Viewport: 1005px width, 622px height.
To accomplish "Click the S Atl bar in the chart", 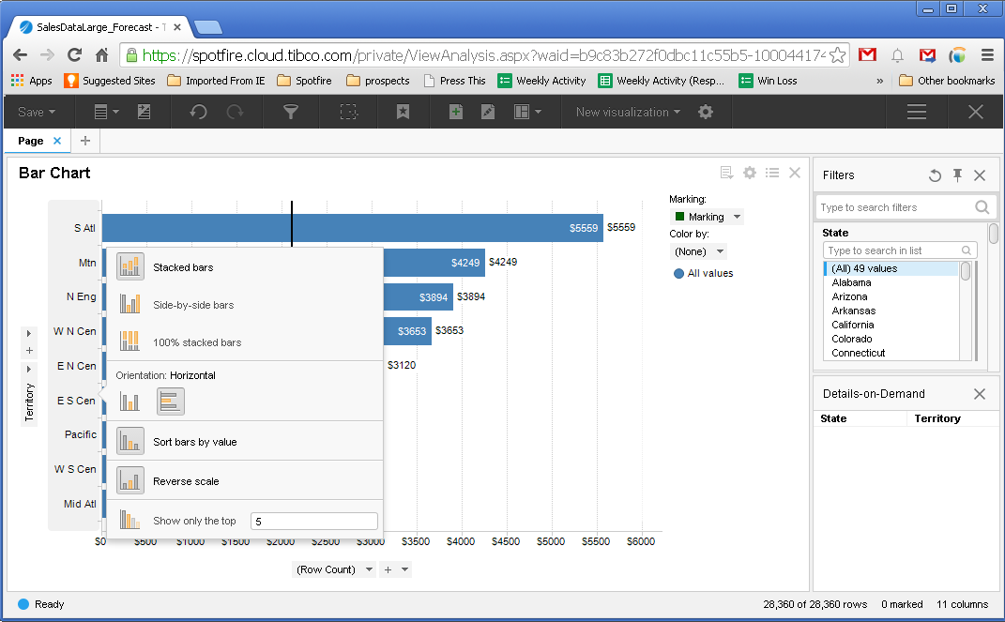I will click(x=352, y=228).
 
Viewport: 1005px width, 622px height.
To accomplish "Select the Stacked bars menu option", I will click(x=183, y=267).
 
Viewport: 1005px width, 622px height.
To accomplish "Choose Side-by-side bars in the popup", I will click(x=193, y=305).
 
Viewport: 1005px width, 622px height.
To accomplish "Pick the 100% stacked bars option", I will click(x=197, y=342).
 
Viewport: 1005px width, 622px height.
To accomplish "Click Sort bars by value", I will click(x=194, y=442).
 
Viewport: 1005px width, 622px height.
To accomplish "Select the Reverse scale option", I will click(x=186, y=481).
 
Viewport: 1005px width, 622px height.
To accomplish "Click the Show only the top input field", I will click(x=313, y=522).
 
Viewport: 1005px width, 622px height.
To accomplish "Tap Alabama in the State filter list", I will click(x=851, y=282).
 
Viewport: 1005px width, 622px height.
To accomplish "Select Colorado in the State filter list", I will click(x=851, y=339).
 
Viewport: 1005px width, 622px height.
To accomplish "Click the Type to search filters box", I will click(x=894, y=207).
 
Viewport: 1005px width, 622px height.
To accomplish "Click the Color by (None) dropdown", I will click(x=699, y=251).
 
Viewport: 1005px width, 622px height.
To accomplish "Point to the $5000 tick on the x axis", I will click(x=551, y=541).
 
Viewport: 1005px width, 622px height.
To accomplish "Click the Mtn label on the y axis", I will click(x=87, y=264).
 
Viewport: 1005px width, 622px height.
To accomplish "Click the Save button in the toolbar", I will click(x=37, y=113).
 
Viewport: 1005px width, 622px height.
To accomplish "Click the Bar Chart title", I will click(x=54, y=173).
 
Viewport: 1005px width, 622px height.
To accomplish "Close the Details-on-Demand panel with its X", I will click(x=980, y=394).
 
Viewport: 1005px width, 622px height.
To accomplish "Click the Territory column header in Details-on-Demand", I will click(x=937, y=418).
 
